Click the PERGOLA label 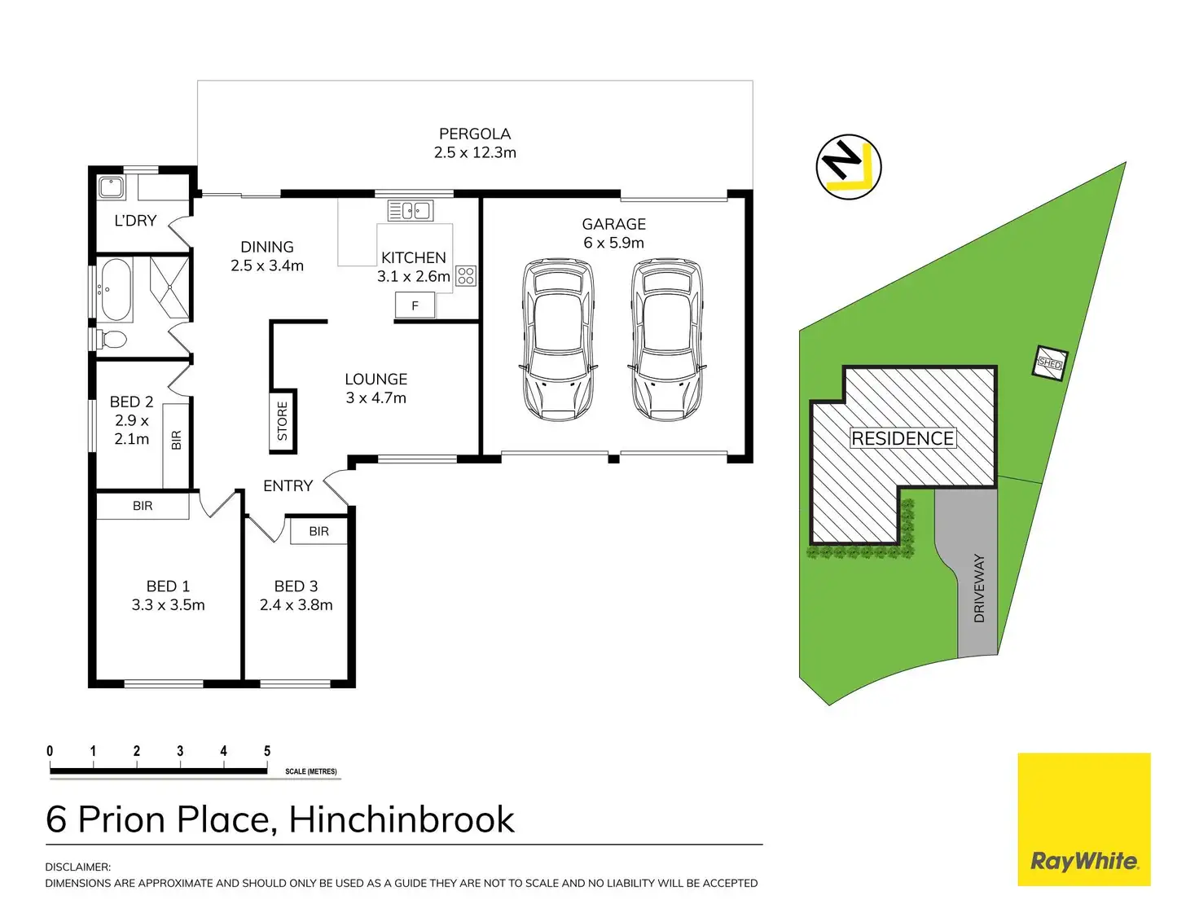(475, 134)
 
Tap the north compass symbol (849, 167)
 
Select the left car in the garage (558, 340)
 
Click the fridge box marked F (415, 305)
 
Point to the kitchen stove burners (465, 275)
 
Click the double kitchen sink (410, 210)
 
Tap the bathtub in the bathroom (116, 289)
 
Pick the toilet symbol (111, 338)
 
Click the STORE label (283, 421)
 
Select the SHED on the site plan (1050, 363)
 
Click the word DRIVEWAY (979, 588)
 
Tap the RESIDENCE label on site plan (903, 438)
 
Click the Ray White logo (1084, 819)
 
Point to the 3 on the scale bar (180, 751)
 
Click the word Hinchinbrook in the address (402, 819)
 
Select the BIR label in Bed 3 (318, 531)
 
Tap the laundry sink (111, 188)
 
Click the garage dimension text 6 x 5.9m (613, 243)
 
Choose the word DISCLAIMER (77, 867)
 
